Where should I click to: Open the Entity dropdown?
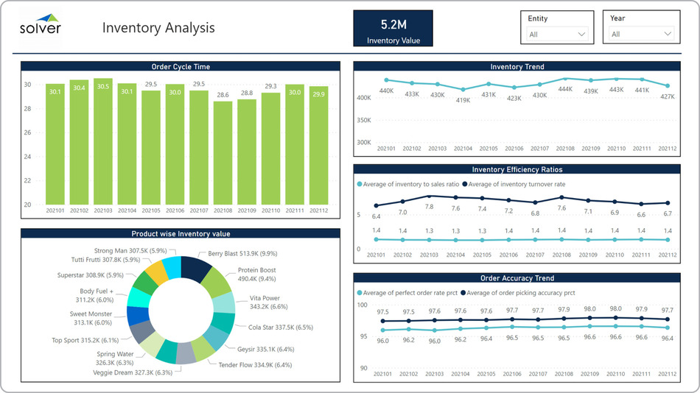point(557,34)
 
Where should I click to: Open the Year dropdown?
point(641,34)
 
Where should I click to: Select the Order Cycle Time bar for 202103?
point(103,140)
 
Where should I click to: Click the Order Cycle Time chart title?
point(181,67)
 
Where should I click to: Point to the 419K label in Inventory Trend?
point(463,100)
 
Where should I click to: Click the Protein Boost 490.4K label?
point(256,275)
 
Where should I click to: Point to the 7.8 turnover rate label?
point(430,207)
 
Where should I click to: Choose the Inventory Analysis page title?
point(158,28)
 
